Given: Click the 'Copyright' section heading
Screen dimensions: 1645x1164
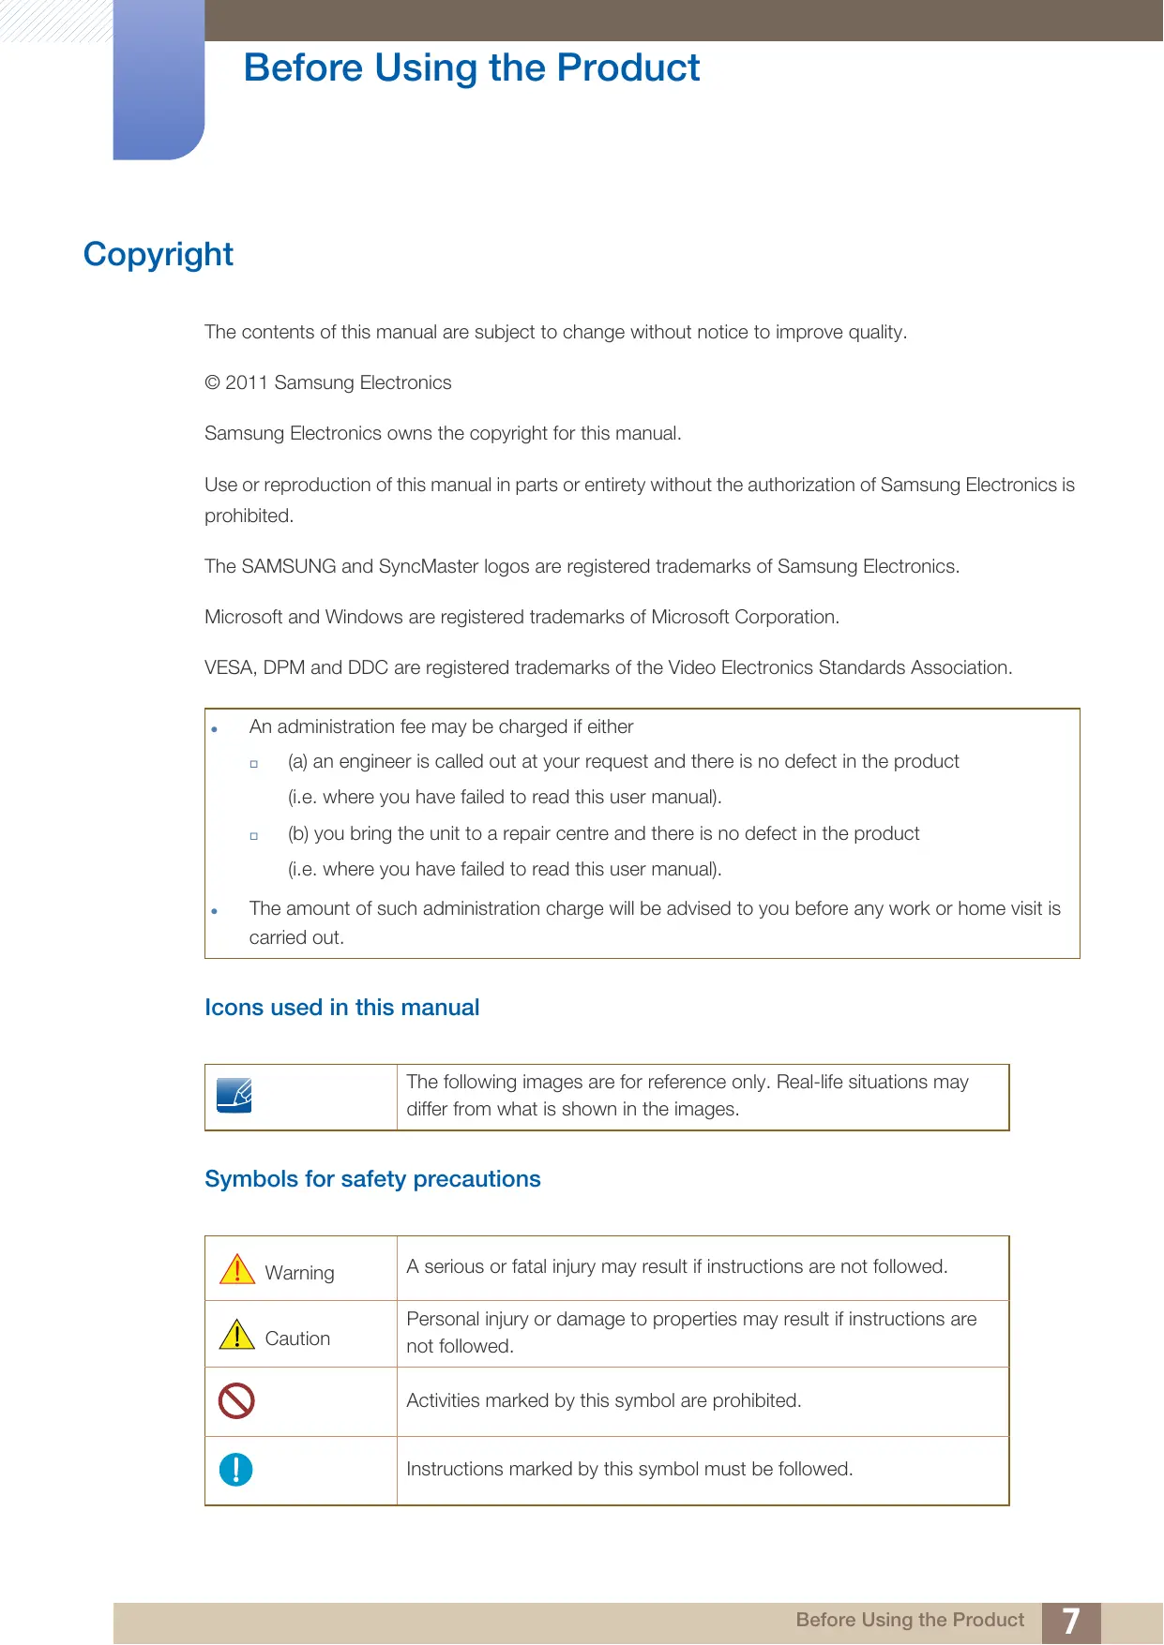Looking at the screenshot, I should [158, 254].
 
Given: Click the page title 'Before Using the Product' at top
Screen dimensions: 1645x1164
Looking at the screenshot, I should [471, 68].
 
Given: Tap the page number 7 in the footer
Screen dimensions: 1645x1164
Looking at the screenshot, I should [1070, 1621].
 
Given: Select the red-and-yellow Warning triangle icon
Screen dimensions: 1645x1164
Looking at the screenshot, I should [237, 1269].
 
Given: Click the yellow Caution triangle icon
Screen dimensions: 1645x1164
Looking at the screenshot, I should [237, 1335].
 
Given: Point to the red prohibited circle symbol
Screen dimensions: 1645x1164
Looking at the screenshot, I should [236, 1401].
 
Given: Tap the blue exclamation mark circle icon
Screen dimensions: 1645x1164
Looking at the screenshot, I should [235, 1469].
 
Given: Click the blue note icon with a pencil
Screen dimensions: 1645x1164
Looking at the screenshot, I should [234, 1095].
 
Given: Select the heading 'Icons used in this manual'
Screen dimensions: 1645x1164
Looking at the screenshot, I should [341, 1008].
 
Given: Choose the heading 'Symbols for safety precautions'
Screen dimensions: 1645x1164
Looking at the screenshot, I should [372, 1179].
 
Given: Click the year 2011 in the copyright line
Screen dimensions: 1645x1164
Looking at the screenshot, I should [247, 382].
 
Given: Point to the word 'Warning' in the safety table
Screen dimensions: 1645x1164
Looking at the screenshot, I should [299, 1273].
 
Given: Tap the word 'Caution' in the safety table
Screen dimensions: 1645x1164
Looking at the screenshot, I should [297, 1338].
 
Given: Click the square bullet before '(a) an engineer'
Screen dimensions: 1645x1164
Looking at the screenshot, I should [254, 764].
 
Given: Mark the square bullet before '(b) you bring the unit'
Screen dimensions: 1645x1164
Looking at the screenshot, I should [254, 836].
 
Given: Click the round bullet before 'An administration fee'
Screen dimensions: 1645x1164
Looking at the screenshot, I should [215, 729].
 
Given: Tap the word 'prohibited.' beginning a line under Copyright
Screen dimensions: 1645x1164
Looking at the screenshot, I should [249, 516].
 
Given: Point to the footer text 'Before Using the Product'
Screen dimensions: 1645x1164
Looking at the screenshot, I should [909, 1620].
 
